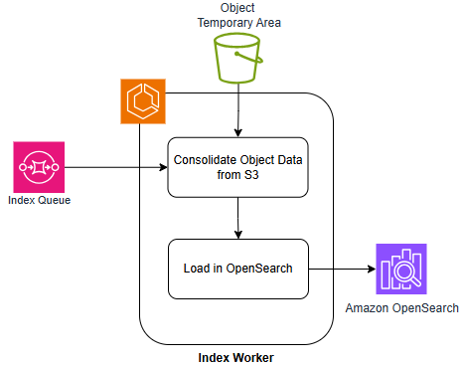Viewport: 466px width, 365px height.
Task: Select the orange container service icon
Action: point(143,102)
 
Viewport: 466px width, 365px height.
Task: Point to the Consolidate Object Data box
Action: point(238,166)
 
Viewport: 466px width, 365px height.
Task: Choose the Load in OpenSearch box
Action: point(238,269)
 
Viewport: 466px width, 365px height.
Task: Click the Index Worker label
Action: point(237,356)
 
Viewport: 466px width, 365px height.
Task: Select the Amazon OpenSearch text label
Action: point(401,308)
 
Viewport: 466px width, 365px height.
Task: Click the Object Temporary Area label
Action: point(237,14)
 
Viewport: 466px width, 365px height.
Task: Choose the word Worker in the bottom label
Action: point(253,356)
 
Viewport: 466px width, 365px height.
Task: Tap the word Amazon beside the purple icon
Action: point(370,308)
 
